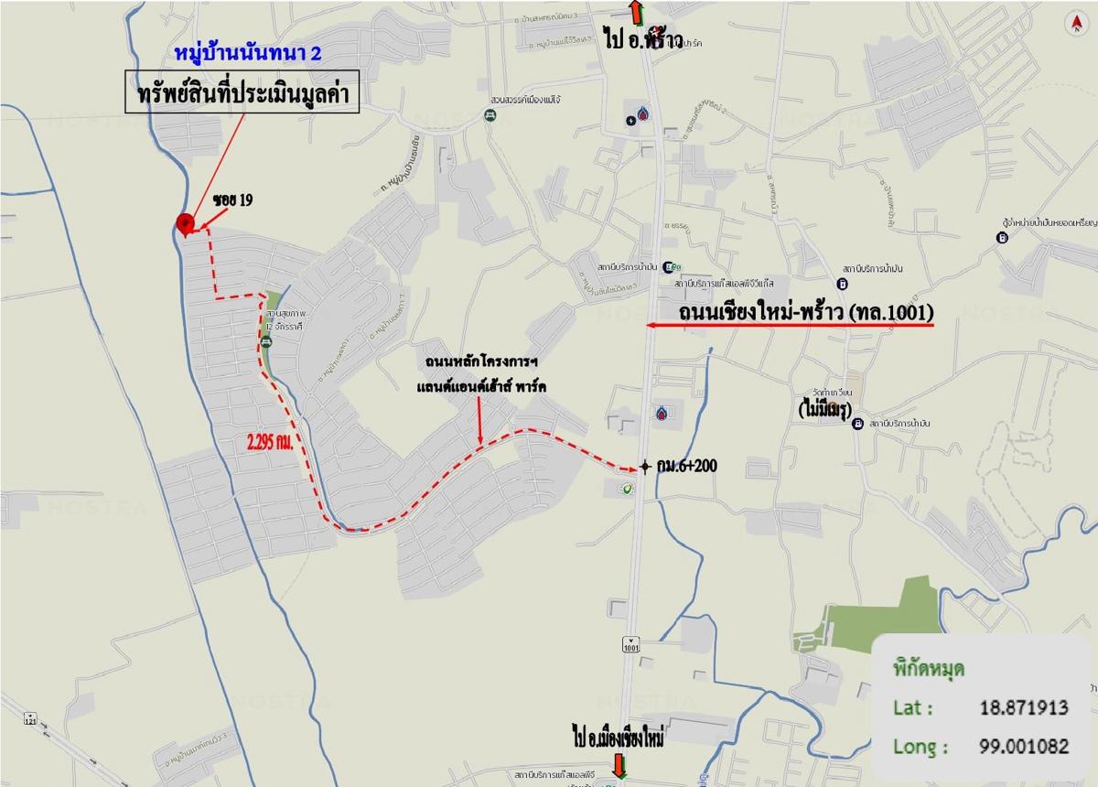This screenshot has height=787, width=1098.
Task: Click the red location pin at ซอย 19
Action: (185, 221)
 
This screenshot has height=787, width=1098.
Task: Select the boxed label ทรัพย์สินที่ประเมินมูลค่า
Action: (242, 94)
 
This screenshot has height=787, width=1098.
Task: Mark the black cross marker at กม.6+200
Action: (645, 467)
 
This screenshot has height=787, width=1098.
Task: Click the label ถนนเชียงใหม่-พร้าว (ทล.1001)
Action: (806, 313)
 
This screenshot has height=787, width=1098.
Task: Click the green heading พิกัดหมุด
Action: (928, 668)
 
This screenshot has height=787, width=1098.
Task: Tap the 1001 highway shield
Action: (630, 643)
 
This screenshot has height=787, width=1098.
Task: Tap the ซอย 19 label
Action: (233, 200)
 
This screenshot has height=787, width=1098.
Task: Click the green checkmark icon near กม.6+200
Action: (627, 490)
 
